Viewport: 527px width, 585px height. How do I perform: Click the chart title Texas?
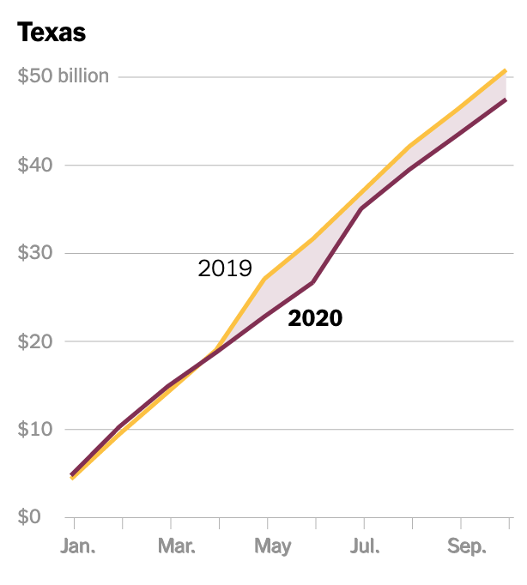point(51,33)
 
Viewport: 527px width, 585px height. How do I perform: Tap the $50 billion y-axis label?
point(64,76)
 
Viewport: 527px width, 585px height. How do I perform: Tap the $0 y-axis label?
point(30,517)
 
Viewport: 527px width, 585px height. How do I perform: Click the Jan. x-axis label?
point(78,546)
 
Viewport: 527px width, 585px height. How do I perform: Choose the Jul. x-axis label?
point(366,546)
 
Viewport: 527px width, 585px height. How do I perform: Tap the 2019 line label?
point(225,268)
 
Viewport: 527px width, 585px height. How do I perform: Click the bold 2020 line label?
point(315,318)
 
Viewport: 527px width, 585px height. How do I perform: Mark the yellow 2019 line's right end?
point(506,70)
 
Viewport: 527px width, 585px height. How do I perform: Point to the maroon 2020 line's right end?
point(506,100)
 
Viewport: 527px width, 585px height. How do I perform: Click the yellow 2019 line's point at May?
point(268,278)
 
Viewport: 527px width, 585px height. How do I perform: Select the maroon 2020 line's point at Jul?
point(364,208)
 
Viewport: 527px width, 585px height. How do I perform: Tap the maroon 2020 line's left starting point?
point(73,474)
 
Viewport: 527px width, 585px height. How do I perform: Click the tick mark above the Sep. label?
point(462,523)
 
